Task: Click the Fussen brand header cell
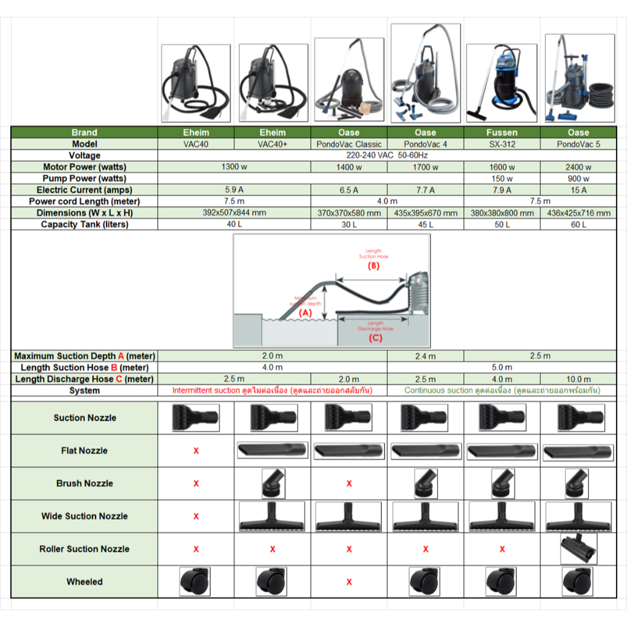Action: [x=501, y=132]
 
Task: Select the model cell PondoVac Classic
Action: [x=349, y=144]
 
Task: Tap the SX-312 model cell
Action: [x=501, y=144]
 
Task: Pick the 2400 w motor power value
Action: [x=578, y=167]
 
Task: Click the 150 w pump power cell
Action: [x=501, y=178]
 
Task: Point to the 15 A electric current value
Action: [x=578, y=190]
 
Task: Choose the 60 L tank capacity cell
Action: [x=578, y=225]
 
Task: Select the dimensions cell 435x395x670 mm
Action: [x=426, y=213]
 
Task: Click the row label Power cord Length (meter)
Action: [x=84, y=201]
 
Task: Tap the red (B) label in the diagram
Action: [x=374, y=266]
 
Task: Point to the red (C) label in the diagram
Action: [x=375, y=337]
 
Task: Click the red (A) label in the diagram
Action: [x=305, y=312]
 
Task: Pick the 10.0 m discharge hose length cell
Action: [x=578, y=379]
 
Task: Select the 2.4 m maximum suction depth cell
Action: [x=426, y=356]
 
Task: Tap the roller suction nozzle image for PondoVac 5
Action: [x=578, y=549]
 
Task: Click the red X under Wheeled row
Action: [x=349, y=582]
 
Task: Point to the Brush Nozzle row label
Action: [x=84, y=484]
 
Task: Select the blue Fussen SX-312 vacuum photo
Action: [x=501, y=80]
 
